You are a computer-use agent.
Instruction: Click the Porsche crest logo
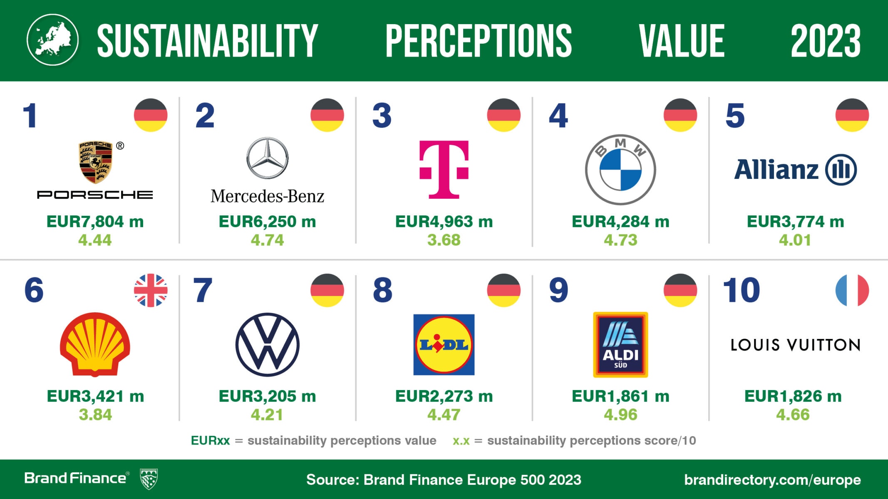[x=96, y=162]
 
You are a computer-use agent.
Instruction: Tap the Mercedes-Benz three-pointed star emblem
[x=267, y=158]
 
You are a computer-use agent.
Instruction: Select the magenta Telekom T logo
[x=444, y=169]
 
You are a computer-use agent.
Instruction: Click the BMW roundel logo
[x=620, y=170]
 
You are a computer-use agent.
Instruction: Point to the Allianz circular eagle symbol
[x=841, y=170]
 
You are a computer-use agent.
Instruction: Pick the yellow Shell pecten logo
[x=95, y=344]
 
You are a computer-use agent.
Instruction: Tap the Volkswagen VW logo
[x=267, y=345]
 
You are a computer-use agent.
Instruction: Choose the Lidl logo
[x=444, y=345]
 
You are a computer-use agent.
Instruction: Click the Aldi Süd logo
[x=620, y=345]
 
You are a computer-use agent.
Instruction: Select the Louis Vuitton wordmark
[x=795, y=345]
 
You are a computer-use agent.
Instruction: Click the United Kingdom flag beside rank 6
[x=151, y=290]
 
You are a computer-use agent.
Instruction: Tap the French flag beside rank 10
[x=852, y=290]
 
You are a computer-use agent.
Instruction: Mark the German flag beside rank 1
[x=151, y=115]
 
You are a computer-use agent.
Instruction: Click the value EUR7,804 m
[x=95, y=222]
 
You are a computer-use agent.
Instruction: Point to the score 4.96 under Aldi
[x=620, y=415]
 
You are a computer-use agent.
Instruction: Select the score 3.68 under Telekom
[x=444, y=240]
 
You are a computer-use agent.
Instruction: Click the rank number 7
[x=203, y=290]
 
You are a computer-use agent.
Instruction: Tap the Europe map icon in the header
[x=52, y=40]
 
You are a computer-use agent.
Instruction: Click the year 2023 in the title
[x=825, y=41]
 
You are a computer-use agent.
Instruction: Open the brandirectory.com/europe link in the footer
[x=772, y=479]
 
